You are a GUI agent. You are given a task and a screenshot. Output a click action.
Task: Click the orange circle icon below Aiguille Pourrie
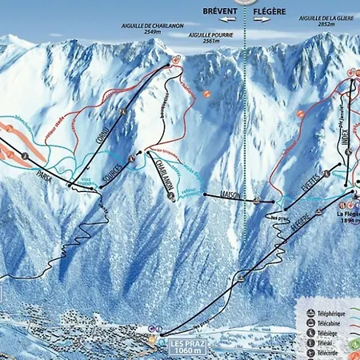(x=207, y=94)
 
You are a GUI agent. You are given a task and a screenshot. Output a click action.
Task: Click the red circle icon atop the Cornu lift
(x=176, y=60)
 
